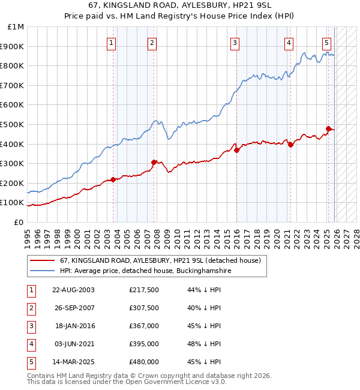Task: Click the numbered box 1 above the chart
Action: pyautogui.click(x=112, y=43)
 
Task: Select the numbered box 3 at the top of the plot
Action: pyautogui.click(x=235, y=43)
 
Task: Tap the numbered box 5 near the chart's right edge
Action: pyautogui.click(x=326, y=43)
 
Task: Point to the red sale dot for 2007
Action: pyautogui.click(x=154, y=162)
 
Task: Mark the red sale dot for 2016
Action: pyautogui.click(x=237, y=151)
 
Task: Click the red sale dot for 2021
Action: pyautogui.click(x=290, y=145)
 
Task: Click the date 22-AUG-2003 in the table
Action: pyautogui.click(x=73, y=290)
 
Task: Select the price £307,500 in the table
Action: pyautogui.click(x=144, y=308)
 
